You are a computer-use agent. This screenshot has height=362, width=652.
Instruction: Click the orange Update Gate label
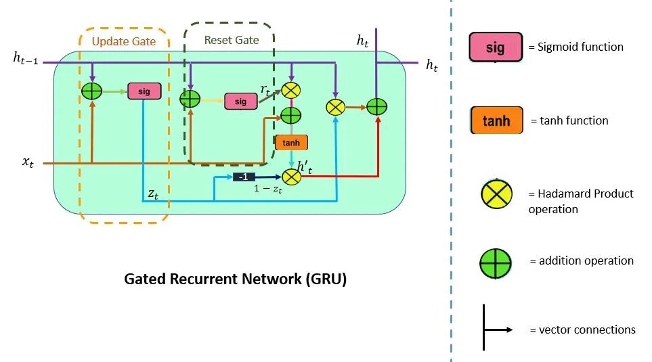click(123, 41)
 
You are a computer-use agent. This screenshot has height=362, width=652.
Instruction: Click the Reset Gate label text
click(232, 40)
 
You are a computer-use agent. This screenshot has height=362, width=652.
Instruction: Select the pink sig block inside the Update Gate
click(144, 91)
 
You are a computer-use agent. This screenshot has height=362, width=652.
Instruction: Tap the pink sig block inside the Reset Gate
click(240, 101)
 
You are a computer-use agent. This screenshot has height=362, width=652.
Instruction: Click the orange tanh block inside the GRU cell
click(291, 143)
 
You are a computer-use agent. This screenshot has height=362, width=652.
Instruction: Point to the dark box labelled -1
click(244, 177)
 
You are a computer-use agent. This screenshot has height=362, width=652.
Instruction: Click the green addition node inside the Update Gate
click(92, 91)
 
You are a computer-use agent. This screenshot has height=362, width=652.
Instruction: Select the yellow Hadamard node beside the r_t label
click(291, 89)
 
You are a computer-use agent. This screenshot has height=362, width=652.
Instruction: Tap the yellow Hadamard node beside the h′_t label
click(291, 177)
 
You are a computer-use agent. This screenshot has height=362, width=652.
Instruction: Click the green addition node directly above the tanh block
click(291, 116)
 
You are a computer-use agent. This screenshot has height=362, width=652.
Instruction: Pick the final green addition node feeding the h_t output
click(376, 106)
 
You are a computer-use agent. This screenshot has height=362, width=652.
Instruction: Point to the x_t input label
click(28, 162)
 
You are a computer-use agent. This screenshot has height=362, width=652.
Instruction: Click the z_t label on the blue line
click(154, 194)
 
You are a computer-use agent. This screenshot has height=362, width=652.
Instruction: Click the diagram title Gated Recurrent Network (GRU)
click(235, 279)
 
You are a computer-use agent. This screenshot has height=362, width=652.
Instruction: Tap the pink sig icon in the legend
click(496, 47)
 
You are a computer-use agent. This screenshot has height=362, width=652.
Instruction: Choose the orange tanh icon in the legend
click(496, 121)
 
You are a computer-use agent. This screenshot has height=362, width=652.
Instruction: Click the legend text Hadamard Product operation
click(580, 201)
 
